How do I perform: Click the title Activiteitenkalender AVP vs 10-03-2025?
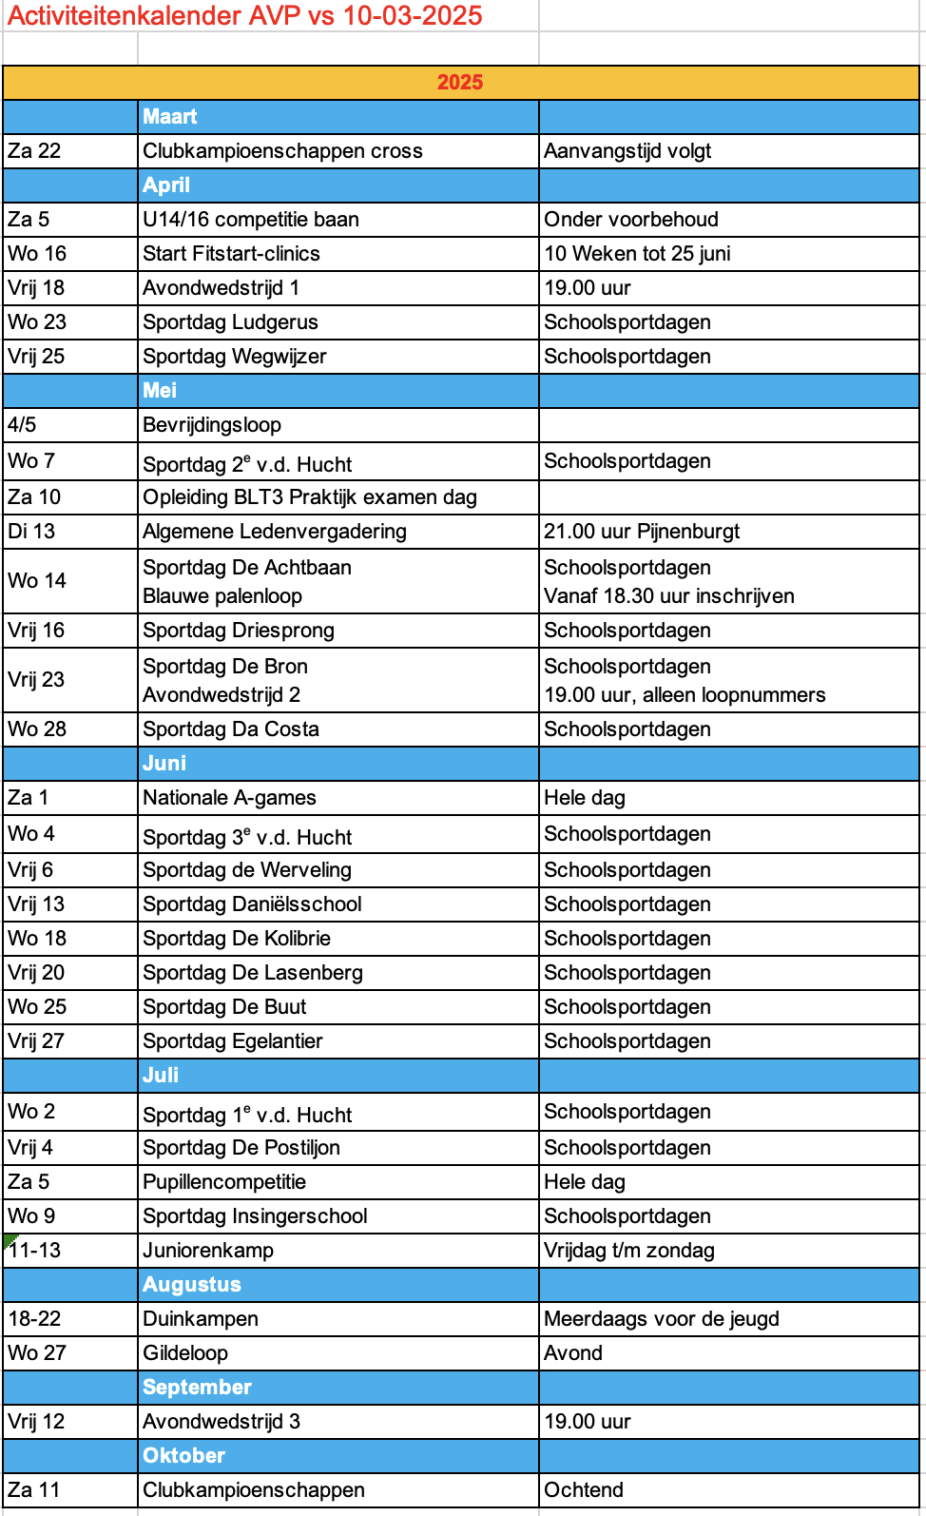244,15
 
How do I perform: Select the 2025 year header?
460,82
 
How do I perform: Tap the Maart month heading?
170,117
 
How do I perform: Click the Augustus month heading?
192,1285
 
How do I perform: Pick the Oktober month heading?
183,1456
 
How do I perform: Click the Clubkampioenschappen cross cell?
282,151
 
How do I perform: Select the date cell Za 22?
34,151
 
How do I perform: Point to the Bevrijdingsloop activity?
212,425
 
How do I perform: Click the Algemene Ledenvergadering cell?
275,532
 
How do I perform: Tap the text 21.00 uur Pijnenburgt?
642,532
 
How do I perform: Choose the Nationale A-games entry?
229,798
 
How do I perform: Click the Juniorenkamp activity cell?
208,1251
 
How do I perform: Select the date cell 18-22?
34,1319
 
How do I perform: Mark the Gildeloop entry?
185,1353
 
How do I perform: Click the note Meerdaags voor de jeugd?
662,1319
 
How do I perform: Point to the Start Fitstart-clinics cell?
231,254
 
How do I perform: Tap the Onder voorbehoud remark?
631,220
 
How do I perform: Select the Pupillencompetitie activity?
224,1182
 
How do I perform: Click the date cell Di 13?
31,532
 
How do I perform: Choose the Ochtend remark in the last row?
584,1490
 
